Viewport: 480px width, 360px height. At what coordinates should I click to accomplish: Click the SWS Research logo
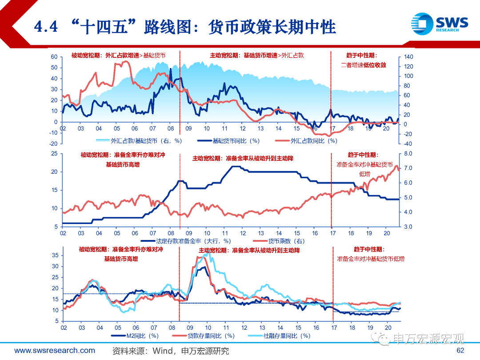coord(439,23)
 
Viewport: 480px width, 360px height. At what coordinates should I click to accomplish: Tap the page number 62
coord(460,351)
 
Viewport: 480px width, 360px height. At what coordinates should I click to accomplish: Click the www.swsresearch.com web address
coord(55,351)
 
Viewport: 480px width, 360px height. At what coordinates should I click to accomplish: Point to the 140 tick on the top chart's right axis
coord(409,57)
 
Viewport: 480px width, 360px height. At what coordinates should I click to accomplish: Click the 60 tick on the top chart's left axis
coord(54,57)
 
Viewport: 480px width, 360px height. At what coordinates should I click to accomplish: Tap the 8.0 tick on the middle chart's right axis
coord(408,153)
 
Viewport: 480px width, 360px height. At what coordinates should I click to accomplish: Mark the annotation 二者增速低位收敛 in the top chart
coord(363,65)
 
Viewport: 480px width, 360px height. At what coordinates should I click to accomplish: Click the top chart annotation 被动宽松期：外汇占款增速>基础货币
coord(118,56)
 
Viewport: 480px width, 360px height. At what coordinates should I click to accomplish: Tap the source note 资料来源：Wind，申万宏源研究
coord(171,351)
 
